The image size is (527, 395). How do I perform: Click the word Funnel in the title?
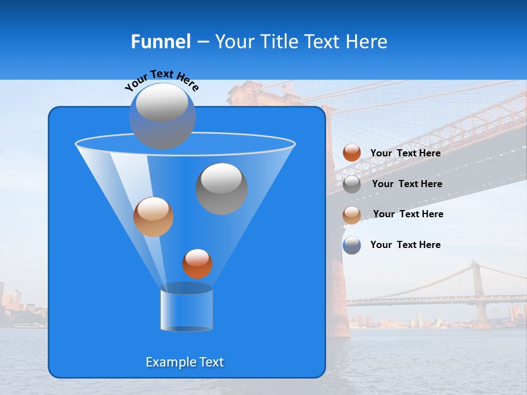[160, 42]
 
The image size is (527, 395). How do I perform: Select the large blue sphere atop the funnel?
[162, 116]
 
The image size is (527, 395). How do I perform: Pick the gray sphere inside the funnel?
[221, 189]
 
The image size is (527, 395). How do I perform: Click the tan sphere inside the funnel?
[153, 217]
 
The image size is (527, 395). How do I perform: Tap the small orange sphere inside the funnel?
[197, 263]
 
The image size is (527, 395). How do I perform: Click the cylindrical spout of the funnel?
[186, 308]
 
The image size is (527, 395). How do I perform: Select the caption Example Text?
[184, 362]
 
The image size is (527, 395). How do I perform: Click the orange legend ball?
[352, 153]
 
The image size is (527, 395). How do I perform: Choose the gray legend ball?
[352, 184]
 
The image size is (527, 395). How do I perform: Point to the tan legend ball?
[352, 215]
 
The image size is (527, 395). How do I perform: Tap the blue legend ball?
[352, 245]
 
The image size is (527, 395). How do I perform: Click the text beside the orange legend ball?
[405, 153]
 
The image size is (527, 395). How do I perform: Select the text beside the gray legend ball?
[407, 184]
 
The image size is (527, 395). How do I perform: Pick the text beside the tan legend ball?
[408, 214]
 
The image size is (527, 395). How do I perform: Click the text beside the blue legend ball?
[405, 245]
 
